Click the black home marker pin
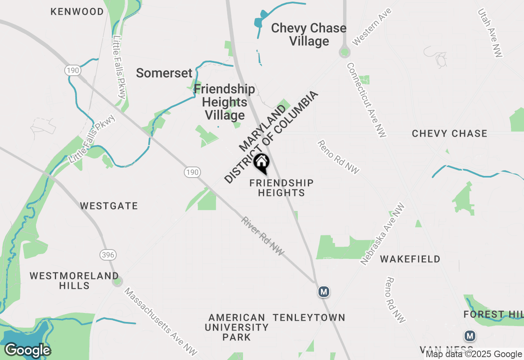point(261,162)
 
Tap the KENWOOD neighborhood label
point(77,11)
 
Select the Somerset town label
point(164,73)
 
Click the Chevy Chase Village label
point(309,34)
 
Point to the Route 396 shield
point(108,255)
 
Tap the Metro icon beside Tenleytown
point(324,292)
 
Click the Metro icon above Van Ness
point(470,336)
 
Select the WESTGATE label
point(109,206)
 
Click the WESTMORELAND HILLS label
point(74,280)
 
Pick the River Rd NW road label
point(262,236)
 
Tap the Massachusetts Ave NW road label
point(160,322)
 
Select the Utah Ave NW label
point(490,33)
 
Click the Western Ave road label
point(372,27)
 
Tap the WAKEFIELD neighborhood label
point(410,259)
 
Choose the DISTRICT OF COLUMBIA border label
point(271,137)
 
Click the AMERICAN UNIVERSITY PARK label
point(237,327)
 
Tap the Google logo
point(27,351)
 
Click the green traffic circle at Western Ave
point(345,52)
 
